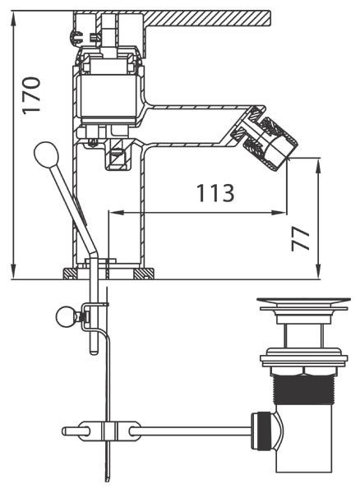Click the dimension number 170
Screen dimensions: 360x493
pyautogui.click(x=31, y=95)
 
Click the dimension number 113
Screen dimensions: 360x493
pyautogui.click(x=215, y=193)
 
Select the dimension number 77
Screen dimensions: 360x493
pyautogui.click(x=300, y=239)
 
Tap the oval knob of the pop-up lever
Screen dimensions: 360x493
pyautogui.click(x=46, y=155)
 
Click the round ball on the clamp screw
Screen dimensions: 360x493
pyautogui.click(x=66, y=316)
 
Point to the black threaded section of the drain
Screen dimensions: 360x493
pyautogui.click(x=304, y=389)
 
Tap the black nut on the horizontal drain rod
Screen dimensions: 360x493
pyautogui.click(x=261, y=431)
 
